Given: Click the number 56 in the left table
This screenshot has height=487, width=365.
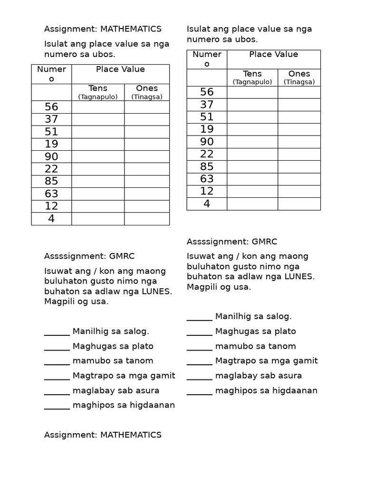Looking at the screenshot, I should (51, 107).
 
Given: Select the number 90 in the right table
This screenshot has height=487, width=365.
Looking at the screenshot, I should (207, 142).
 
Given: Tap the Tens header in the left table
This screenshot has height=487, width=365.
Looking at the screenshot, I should (98, 88).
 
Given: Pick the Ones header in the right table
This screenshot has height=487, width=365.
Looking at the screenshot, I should (299, 74).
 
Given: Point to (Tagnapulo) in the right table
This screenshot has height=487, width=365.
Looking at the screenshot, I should (252, 82).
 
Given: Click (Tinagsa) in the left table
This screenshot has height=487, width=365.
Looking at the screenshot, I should (147, 97).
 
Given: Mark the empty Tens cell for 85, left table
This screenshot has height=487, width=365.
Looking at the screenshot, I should (98, 181).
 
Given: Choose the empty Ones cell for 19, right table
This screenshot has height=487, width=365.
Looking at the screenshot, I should (299, 129).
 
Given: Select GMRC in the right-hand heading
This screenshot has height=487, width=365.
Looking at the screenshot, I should (264, 242).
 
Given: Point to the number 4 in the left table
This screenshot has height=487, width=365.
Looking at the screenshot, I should (51, 218).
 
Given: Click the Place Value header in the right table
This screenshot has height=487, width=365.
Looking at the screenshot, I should (274, 55).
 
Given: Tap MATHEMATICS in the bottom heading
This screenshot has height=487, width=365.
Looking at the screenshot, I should (131, 435).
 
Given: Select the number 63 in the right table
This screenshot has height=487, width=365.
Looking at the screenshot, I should (207, 179).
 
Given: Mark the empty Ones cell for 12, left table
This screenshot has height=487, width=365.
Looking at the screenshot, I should (147, 206).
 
